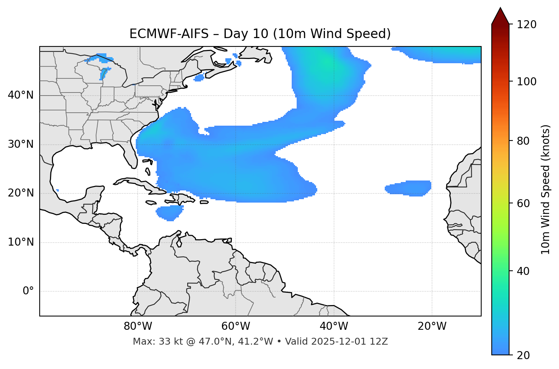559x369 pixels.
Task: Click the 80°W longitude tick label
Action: pos(138,326)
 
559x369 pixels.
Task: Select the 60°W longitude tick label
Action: pos(236,326)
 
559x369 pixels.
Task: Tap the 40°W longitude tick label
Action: pos(334,326)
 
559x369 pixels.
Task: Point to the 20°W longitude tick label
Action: pos(432,326)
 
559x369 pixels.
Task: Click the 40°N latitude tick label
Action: pos(21,95)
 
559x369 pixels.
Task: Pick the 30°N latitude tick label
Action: pos(21,144)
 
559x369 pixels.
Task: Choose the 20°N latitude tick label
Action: pos(21,193)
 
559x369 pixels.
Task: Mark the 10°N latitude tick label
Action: pos(21,242)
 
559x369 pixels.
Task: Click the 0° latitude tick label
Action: pos(28,291)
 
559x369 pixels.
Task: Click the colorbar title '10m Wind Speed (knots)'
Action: pos(546,189)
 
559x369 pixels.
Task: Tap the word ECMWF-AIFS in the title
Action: pos(169,34)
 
